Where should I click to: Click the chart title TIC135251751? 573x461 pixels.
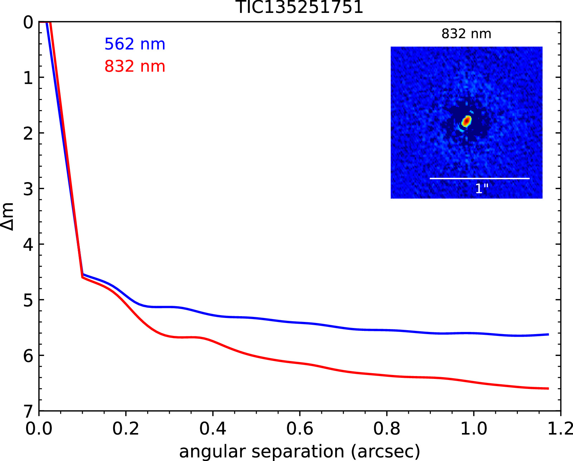300,7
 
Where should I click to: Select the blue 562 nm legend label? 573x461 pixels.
135,44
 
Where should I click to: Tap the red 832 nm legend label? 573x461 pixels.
135,66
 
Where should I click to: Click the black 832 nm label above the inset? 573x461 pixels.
466,34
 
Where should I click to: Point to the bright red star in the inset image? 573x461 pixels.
466,121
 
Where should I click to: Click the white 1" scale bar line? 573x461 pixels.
480,178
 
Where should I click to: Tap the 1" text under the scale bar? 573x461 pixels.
482,189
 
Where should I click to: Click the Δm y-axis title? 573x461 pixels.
8,216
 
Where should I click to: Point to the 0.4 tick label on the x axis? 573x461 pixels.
213,429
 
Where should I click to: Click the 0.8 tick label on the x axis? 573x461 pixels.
387,429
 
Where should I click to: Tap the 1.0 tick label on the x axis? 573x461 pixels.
473,429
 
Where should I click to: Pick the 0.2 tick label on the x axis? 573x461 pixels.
126,429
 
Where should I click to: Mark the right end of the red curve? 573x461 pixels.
548,388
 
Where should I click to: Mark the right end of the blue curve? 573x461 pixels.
548,334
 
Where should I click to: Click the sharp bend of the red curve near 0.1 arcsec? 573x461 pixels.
82,277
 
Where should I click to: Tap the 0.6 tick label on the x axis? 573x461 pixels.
300,429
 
